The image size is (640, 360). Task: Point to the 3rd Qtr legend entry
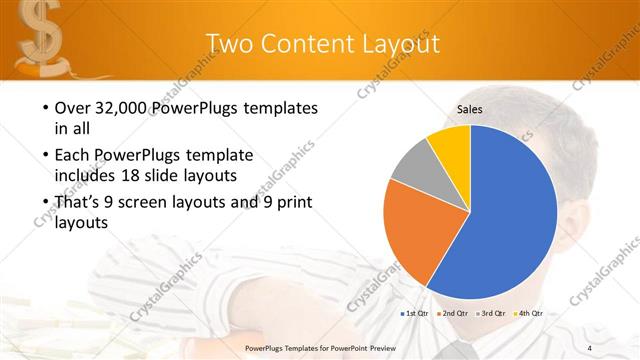click(x=491, y=315)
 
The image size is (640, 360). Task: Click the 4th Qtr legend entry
click(x=529, y=315)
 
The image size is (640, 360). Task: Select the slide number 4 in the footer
click(x=590, y=346)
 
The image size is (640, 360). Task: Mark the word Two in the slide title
click(x=229, y=41)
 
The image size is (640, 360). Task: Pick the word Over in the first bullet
click(x=73, y=108)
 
